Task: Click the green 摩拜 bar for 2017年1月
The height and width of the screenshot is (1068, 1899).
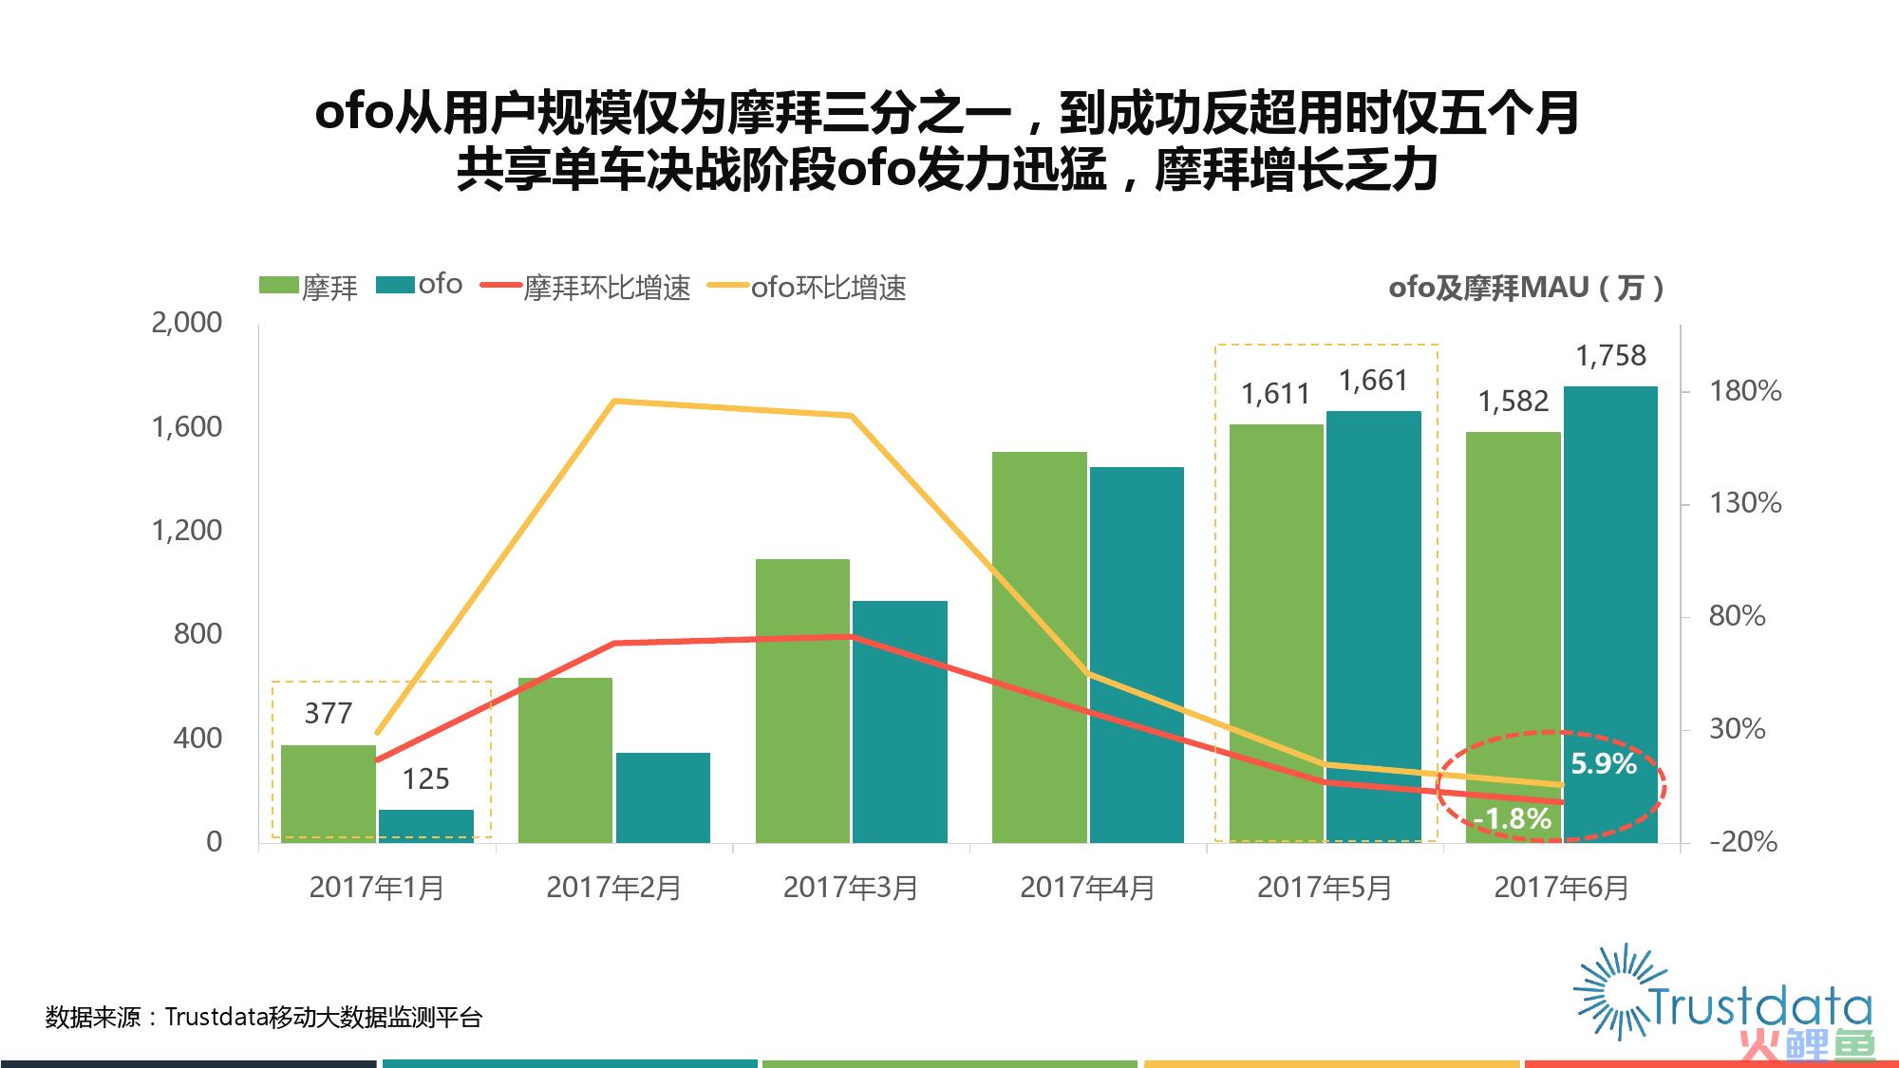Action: click(x=329, y=793)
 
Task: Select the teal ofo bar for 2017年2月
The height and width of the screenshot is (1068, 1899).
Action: click(x=663, y=797)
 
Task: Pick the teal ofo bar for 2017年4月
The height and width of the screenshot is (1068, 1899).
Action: click(x=1137, y=654)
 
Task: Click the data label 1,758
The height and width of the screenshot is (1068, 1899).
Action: click(x=1610, y=356)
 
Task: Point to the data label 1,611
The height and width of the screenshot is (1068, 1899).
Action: click(x=1275, y=394)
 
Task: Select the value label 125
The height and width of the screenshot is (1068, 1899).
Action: click(x=425, y=779)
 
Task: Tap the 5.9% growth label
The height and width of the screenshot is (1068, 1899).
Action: click(x=1604, y=763)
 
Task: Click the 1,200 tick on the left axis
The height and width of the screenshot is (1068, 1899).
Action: click(x=187, y=530)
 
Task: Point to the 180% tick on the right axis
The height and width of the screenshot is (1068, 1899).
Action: click(x=1745, y=391)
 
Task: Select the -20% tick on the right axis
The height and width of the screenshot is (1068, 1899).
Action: click(x=1743, y=842)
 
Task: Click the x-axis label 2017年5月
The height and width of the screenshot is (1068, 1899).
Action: click(x=1325, y=888)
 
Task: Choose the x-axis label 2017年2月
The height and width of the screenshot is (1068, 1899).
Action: click(x=614, y=888)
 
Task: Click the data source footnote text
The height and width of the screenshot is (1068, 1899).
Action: click(x=264, y=1018)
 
